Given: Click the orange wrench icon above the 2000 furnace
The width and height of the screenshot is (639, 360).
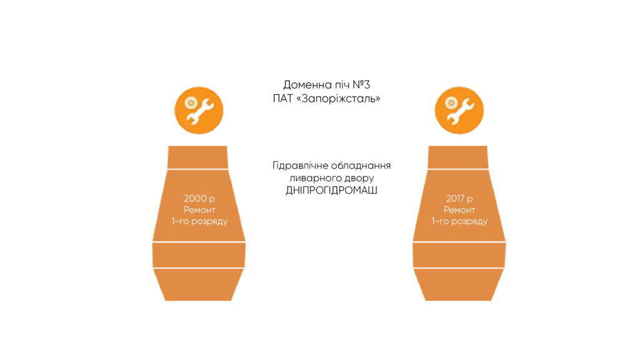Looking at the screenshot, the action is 199,110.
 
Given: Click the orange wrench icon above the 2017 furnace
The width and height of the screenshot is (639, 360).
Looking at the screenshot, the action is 459,110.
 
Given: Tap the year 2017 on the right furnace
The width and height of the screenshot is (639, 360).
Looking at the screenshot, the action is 455,198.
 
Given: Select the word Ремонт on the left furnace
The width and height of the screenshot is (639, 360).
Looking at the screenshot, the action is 199,210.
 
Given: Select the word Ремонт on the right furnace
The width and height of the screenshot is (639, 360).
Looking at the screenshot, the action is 459,210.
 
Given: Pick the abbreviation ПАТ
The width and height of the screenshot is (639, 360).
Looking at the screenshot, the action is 283,99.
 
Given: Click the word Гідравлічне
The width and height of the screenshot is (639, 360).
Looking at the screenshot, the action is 300,166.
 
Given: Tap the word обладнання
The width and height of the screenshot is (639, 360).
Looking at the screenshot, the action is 361,166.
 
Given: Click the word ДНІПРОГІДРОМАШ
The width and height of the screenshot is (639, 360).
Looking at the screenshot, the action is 331,190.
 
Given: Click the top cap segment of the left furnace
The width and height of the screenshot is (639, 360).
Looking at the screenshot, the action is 198,157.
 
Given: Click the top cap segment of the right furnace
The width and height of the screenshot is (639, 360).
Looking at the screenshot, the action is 458,157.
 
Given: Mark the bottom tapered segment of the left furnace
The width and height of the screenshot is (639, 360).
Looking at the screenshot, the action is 198,285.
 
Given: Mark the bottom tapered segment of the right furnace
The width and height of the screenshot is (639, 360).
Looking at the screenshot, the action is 459,285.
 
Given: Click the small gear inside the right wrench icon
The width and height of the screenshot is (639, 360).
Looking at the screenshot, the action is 451,102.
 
